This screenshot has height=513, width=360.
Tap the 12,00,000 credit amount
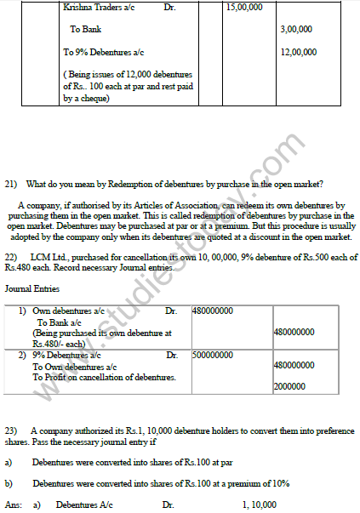pyautogui.click(x=298, y=52)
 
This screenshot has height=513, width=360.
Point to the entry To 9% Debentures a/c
pyautogui.click(x=103, y=52)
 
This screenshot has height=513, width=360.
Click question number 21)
pyautogui.click(x=11, y=184)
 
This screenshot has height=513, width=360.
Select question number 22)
pyautogui.click(x=11, y=257)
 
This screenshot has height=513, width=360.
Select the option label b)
pyautogui.click(x=9, y=483)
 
